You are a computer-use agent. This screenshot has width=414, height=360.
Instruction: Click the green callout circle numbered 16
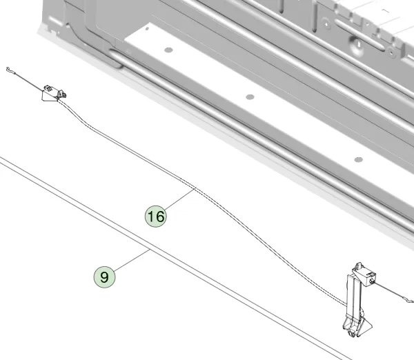[x=155, y=216]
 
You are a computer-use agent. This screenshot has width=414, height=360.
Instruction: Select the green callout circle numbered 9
[x=105, y=277]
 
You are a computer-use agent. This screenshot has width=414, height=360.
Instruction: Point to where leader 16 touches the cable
[x=195, y=188]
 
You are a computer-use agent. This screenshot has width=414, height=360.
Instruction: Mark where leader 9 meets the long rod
[x=150, y=249]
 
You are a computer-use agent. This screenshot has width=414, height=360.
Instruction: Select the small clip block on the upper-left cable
[x=54, y=93]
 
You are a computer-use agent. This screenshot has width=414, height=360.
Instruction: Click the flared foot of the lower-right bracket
[x=357, y=326]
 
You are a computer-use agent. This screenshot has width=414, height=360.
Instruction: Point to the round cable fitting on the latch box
[x=373, y=281]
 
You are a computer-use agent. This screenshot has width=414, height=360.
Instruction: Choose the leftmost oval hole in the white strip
[x=168, y=50]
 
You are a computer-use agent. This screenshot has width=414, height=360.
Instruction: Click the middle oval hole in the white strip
[x=250, y=97]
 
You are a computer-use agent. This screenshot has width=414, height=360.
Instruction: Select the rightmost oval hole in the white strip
[x=358, y=159]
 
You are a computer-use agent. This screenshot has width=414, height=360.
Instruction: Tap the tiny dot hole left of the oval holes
[x=147, y=29]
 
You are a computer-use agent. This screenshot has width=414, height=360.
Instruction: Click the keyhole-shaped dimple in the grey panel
[x=357, y=44]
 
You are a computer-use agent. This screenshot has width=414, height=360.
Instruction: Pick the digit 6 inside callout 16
[x=160, y=217]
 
